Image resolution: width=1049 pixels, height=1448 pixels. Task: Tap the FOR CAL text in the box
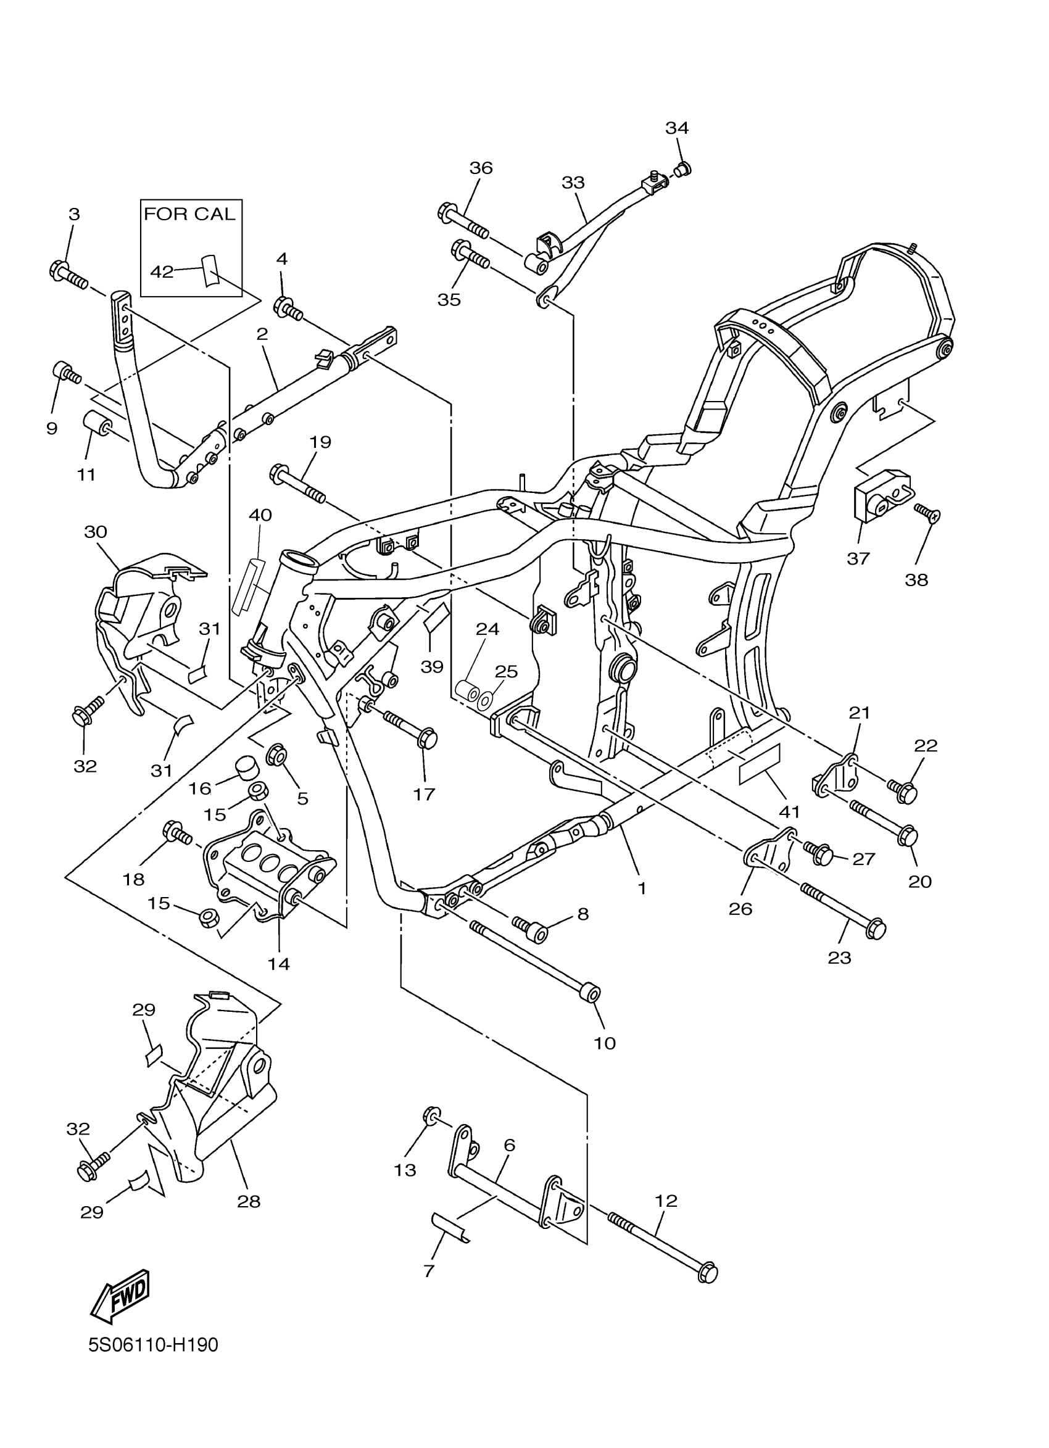click(190, 214)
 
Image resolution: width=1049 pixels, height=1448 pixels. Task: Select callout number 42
click(162, 272)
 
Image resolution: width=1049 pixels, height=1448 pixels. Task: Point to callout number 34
click(677, 128)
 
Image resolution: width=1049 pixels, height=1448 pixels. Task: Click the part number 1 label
click(642, 888)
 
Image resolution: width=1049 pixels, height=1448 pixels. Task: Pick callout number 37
click(858, 558)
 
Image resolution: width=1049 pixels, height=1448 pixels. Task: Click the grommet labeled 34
click(682, 169)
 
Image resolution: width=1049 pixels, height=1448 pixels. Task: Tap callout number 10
click(605, 1043)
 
